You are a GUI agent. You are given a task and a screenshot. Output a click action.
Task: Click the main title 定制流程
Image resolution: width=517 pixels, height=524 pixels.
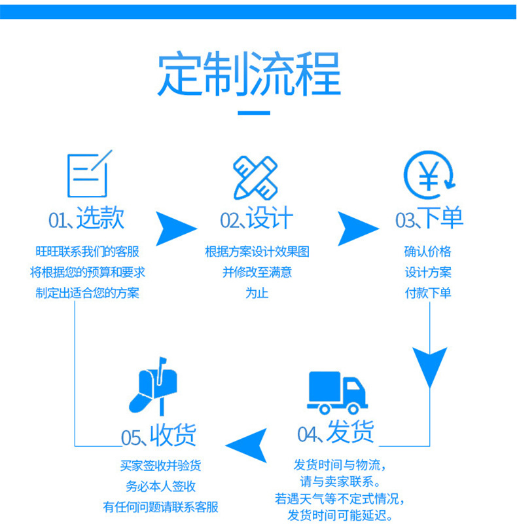pyautogui.click(x=249, y=75)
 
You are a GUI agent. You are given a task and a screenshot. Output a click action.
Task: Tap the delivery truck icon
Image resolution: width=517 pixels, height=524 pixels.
pyautogui.click(x=337, y=392)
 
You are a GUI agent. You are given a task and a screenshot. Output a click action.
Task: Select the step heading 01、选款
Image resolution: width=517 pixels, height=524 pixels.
pyautogui.click(x=86, y=219)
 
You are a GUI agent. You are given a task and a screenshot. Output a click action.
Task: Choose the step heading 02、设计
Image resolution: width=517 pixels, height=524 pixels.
pyautogui.click(x=257, y=219)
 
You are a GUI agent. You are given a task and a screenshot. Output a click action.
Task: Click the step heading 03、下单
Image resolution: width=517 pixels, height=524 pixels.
pyautogui.click(x=429, y=219)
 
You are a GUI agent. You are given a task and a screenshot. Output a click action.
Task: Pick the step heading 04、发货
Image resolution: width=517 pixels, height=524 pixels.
pyautogui.click(x=336, y=433)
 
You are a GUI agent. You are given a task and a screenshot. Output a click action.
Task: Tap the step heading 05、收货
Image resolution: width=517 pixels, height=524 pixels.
pyautogui.click(x=158, y=435)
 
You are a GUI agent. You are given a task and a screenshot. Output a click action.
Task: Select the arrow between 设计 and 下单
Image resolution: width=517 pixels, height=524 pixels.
pyautogui.click(x=356, y=228)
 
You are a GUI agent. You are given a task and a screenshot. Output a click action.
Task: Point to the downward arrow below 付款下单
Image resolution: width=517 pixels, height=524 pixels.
pyautogui.click(x=429, y=367)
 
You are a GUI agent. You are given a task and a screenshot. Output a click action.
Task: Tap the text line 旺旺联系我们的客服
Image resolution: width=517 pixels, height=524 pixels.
pyautogui.click(x=87, y=252)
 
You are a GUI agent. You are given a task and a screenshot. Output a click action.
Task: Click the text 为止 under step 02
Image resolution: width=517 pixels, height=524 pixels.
pyautogui.click(x=257, y=293)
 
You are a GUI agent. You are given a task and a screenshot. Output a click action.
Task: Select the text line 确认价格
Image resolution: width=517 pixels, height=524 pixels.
pyautogui.click(x=428, y=252)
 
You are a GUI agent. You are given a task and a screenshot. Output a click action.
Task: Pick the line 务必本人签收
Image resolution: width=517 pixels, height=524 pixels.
pyautogui.click(x=160, y=487)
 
